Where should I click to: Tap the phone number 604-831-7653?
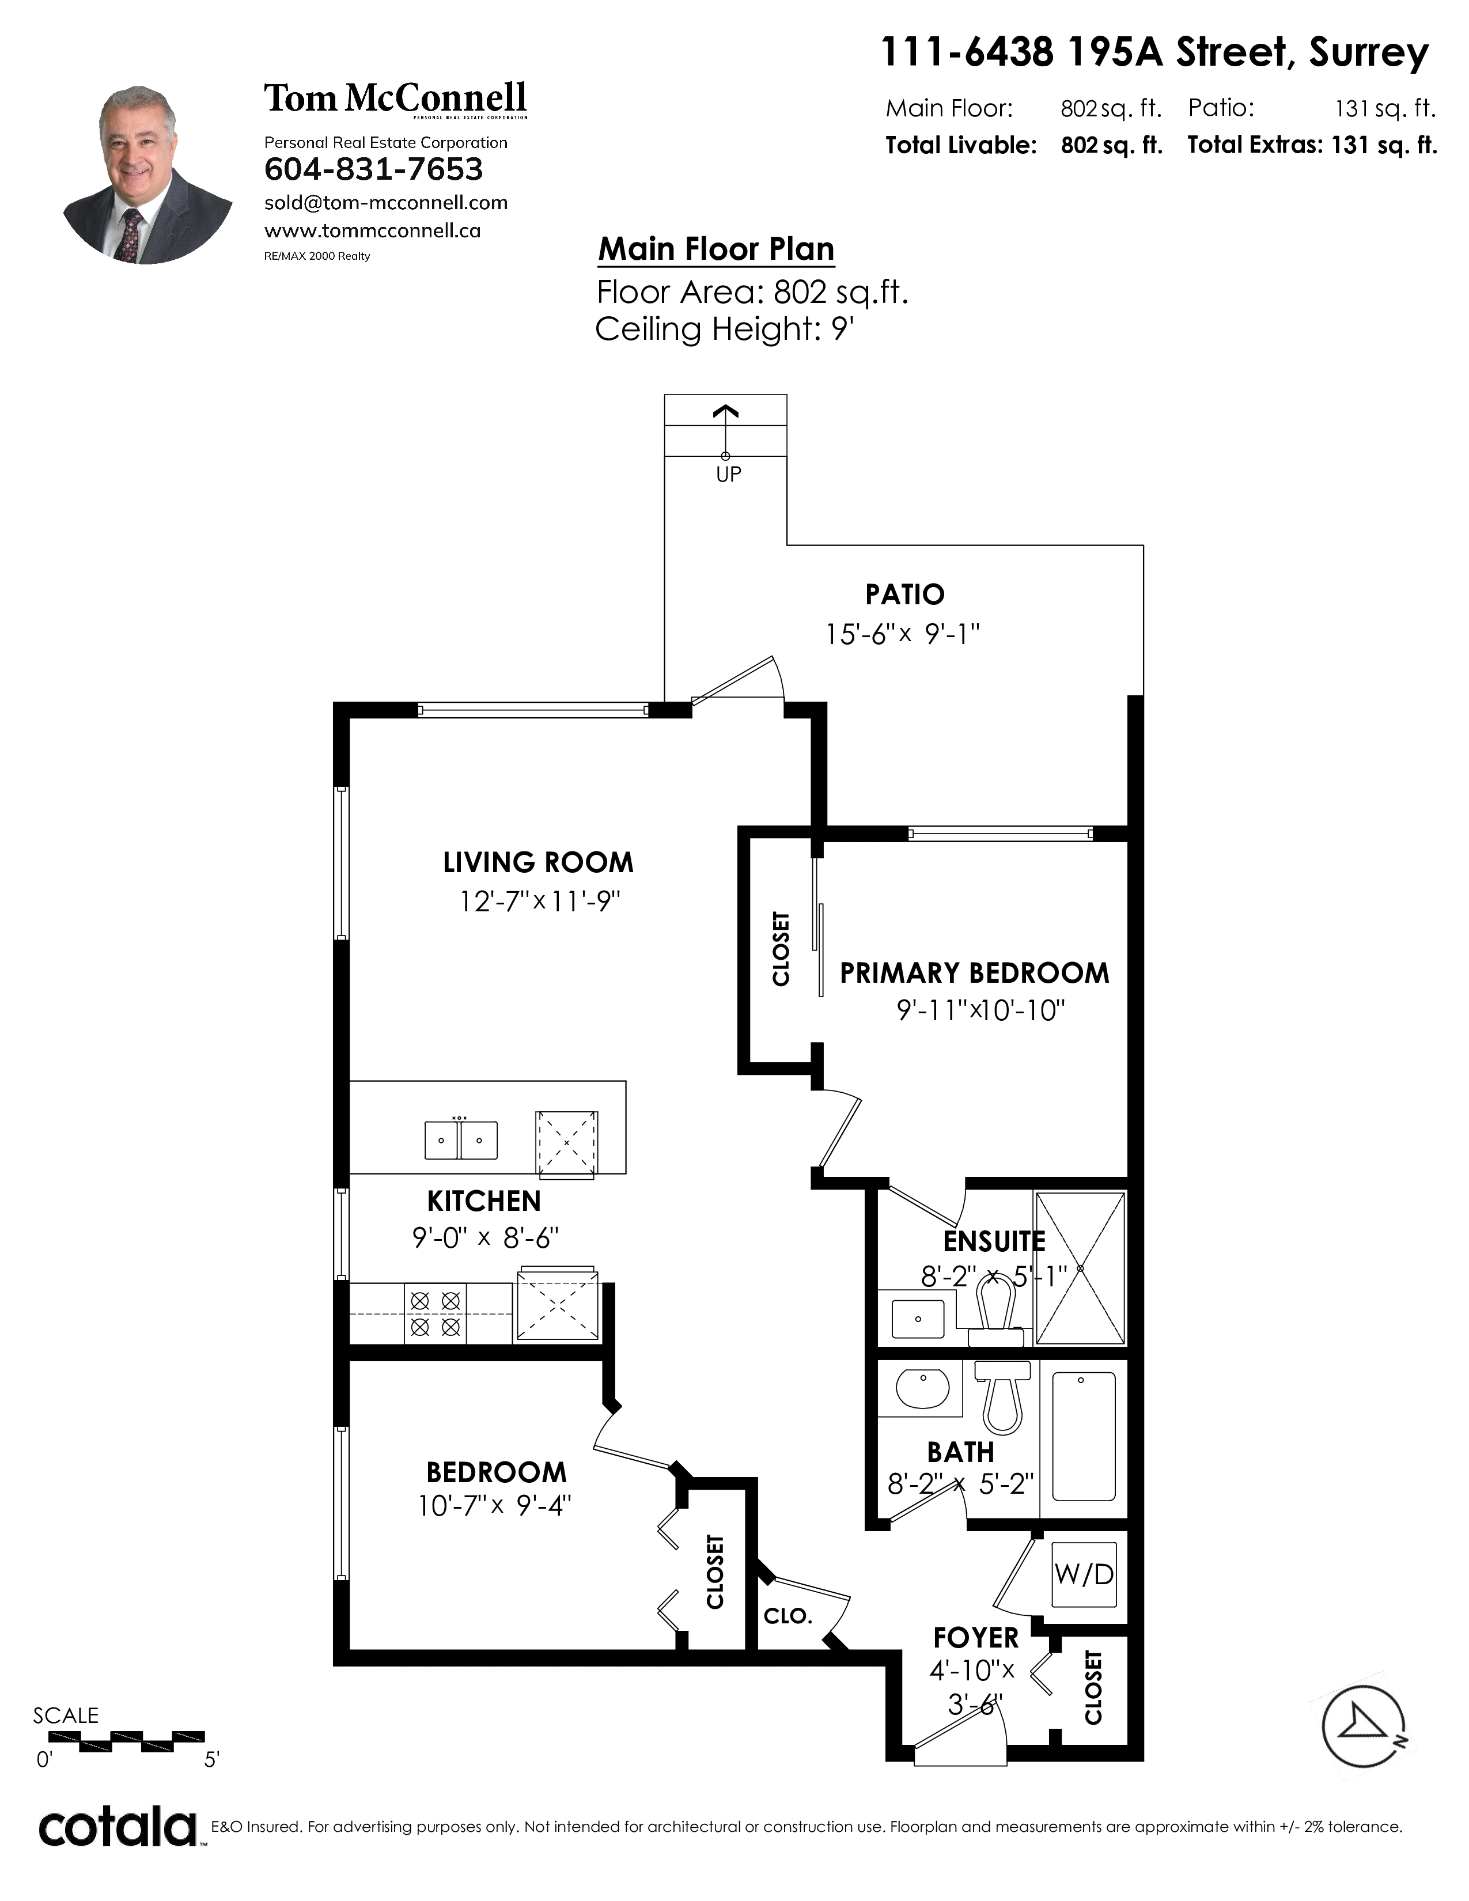click(373, 169)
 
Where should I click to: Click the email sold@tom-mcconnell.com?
click(385, 203)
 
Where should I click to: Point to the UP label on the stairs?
click(728, 474)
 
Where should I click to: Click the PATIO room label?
click(905, 594)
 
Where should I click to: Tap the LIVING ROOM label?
click(538, 862)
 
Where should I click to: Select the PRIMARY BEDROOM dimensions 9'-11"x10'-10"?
click(981, 1010)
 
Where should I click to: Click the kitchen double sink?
click(461, 1140)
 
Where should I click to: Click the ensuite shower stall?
click(1080, 1269)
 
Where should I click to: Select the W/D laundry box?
click(1084, 1574)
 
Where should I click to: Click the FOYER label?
click(975, 1638)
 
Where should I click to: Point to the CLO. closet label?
click(787, 1616)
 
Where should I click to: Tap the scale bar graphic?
click(128, 1741)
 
